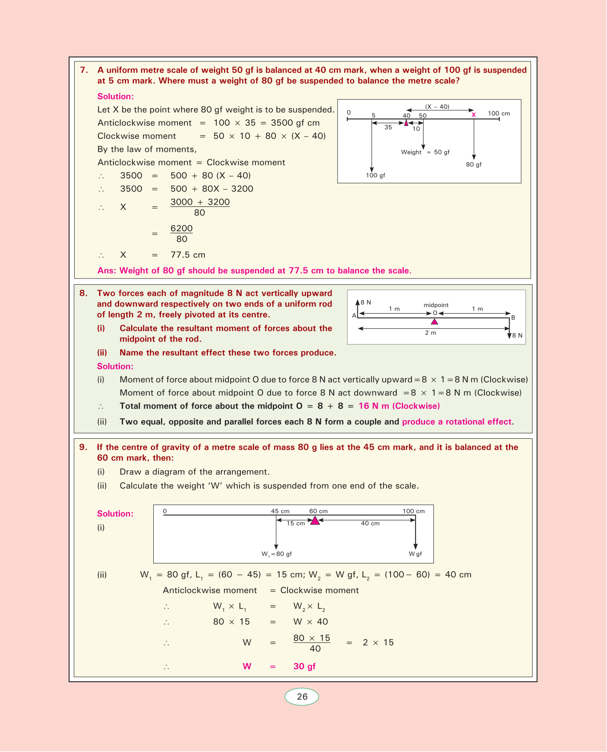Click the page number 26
point(302,697)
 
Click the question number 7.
point(84,70)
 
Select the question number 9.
point(83,447)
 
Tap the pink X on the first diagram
point(474,115)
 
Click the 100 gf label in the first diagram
point(375,175)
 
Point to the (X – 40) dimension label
point(437,107)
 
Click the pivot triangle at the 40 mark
point(406,123)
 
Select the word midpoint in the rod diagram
point(436,305)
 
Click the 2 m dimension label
point(431,333)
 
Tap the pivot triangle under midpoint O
point(435,322)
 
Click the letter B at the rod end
point(513,318)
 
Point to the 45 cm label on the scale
point(280,511)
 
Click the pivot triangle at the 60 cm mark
point(315,521)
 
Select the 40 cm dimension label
point(370,523)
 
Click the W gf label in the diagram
point(415,554)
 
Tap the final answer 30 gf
point(304,666)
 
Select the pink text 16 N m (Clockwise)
point(399,406)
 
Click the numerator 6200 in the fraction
point(182,229)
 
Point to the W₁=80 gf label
point(276,554)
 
